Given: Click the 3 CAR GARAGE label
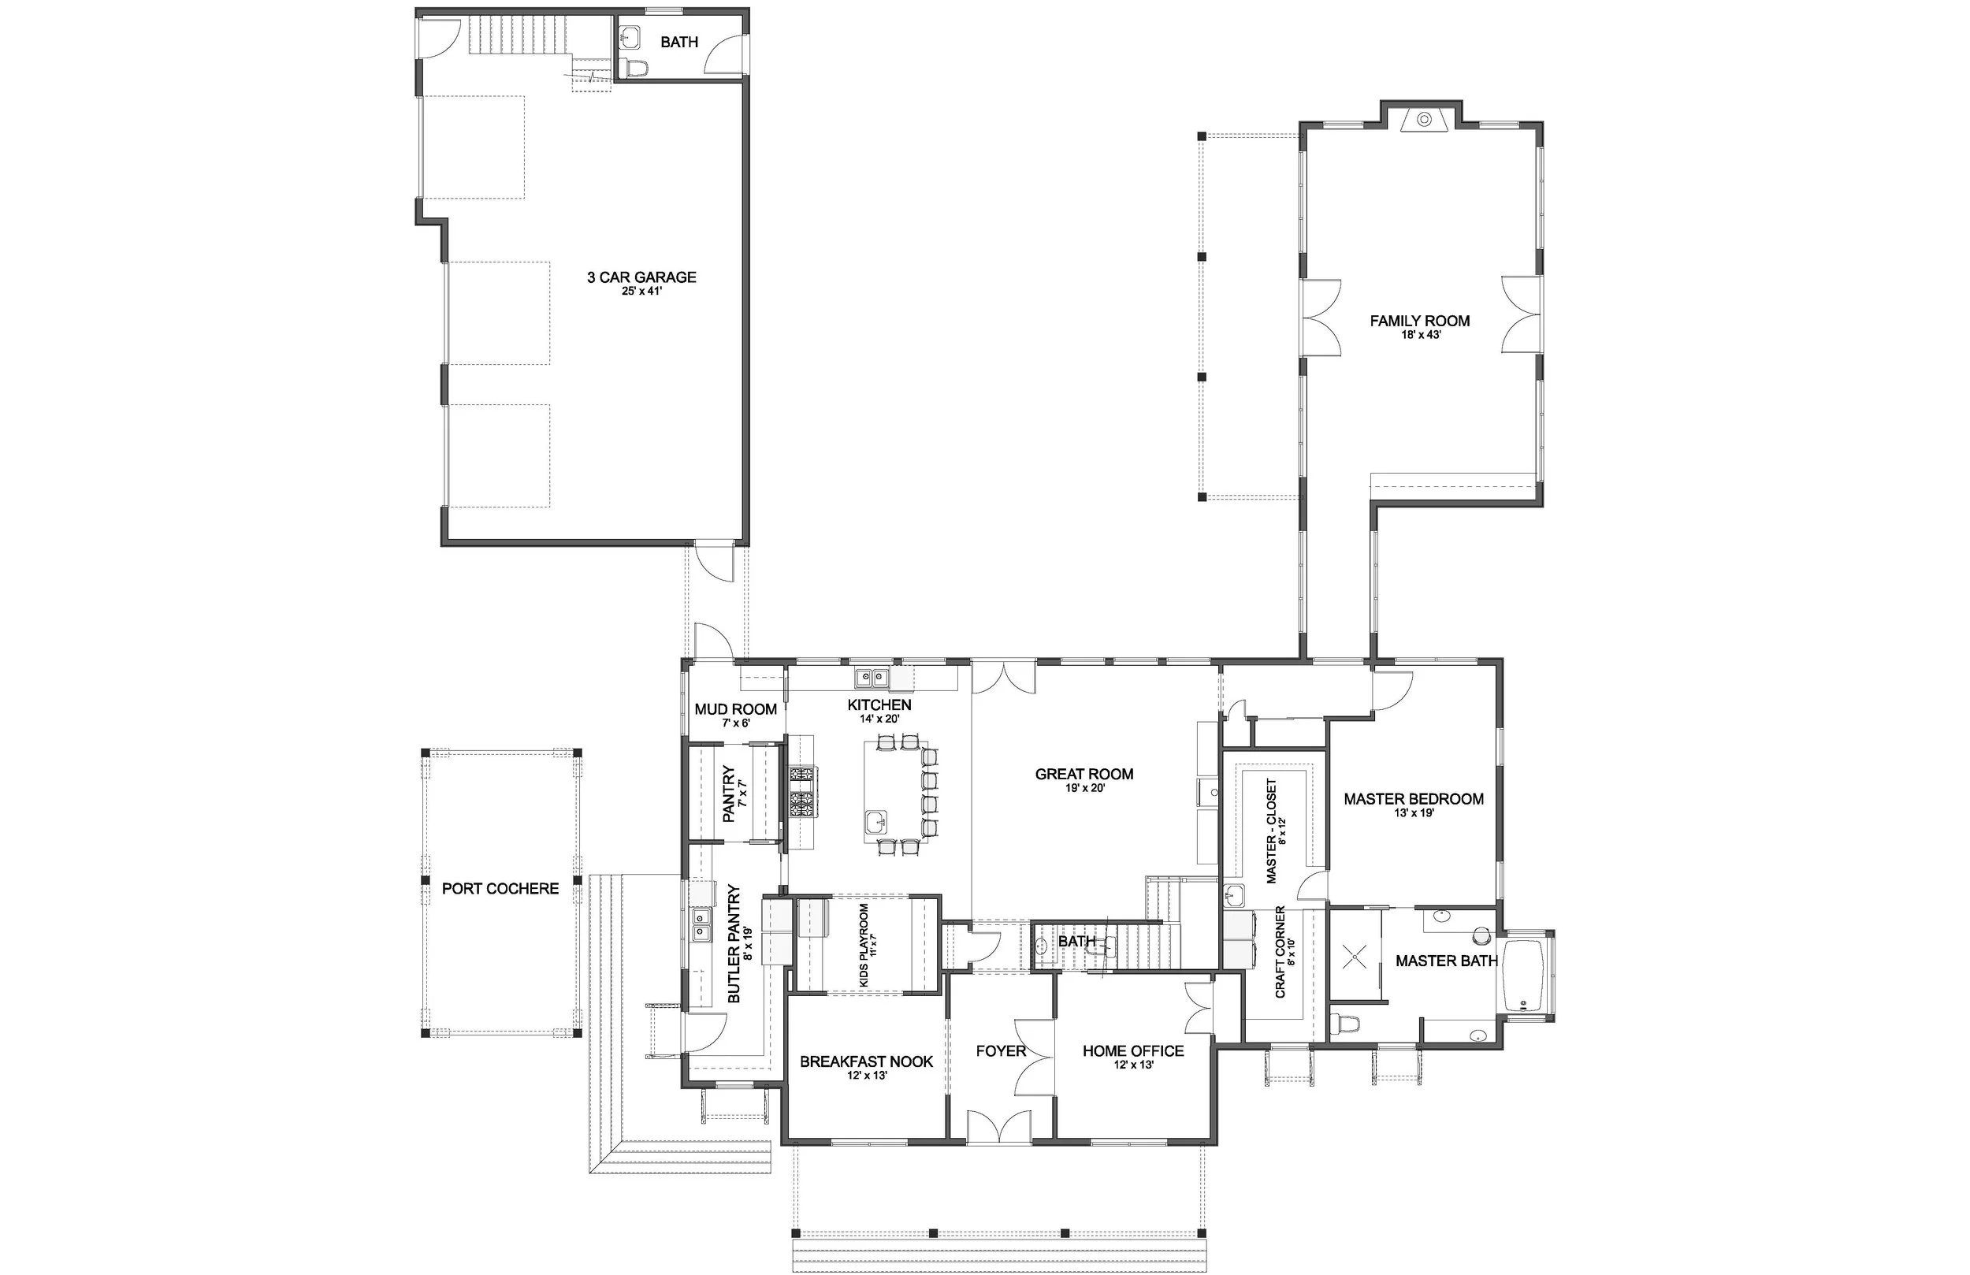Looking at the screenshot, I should [x=641, y=277].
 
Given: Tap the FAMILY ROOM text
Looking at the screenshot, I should [x=1419, y=321].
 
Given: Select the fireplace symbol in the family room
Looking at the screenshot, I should [x=1424, y=119].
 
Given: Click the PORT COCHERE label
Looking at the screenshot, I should [x=500, y=888].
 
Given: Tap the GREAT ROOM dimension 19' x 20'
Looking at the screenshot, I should [x=1084, y=788].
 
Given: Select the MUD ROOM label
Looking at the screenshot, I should [x=735, y=708].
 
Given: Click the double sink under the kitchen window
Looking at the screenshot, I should [x=871, y=679].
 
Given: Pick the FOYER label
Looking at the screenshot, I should [x=1001, y=1050].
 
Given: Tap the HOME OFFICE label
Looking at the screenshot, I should [x=1133, y=1050].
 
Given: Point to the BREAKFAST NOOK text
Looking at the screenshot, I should [x=866, y=1061].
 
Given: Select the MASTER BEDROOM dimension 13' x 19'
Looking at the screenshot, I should [x=1414, y=813].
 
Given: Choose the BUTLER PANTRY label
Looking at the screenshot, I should [x=734, y=945].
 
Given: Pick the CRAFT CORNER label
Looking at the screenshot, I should [x=1280, y=951].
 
